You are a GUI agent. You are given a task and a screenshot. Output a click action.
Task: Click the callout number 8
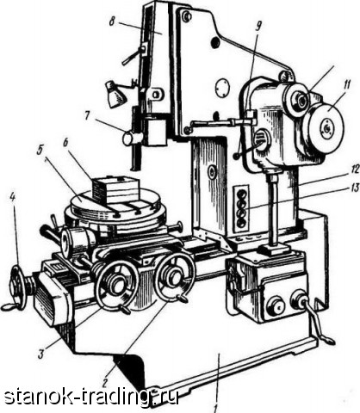(112, 22)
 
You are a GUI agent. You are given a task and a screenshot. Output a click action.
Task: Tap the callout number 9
(258, 27)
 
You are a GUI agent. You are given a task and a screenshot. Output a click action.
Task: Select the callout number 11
(347, 86)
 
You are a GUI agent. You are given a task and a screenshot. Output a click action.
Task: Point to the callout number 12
(356, 170)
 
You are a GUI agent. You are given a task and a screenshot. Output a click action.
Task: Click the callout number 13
(356, 188)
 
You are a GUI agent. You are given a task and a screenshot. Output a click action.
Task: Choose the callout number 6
(65, 143)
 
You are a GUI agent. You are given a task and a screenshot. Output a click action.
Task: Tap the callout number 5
(40, 151)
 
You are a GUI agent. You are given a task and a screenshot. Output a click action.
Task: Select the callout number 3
(41, 354)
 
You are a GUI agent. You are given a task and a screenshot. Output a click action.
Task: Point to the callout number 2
(105, 382)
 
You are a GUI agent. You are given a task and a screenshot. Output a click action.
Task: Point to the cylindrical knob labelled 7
(132, 139)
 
